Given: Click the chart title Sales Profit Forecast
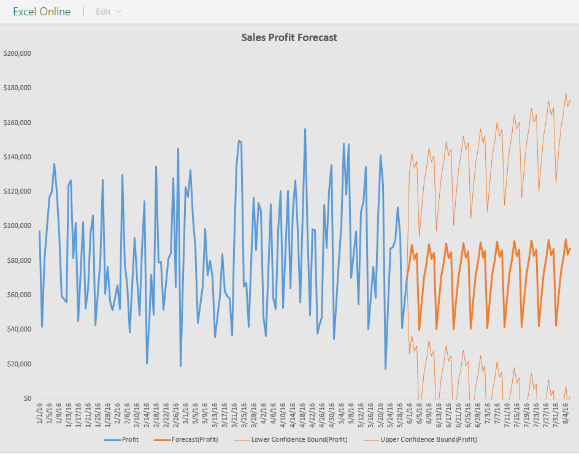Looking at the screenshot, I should pos(289,37).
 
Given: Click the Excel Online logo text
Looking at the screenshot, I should pos(42,12).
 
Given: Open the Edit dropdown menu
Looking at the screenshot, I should pos(109,12).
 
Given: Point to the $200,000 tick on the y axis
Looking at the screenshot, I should pos(17,53).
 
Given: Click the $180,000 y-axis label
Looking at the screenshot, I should pos(17,88).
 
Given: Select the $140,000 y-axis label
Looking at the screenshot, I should pos(17,157).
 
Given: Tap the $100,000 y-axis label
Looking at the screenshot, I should pos(17,226).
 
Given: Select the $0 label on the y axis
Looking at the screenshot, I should pos(26,399).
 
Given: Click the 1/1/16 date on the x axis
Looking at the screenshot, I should pos(40,412).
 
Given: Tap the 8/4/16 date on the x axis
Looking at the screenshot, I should pos(565,412).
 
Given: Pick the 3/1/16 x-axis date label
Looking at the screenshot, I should pos(185,412).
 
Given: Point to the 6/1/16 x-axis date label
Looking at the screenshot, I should pos(409,412).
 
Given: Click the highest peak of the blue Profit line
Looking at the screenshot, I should pos(305,129).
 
